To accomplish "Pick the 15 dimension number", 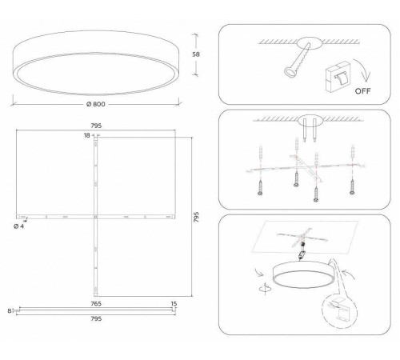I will point(174,303).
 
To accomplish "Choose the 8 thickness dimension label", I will point(8,311).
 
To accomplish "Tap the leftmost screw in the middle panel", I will point(262,186).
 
